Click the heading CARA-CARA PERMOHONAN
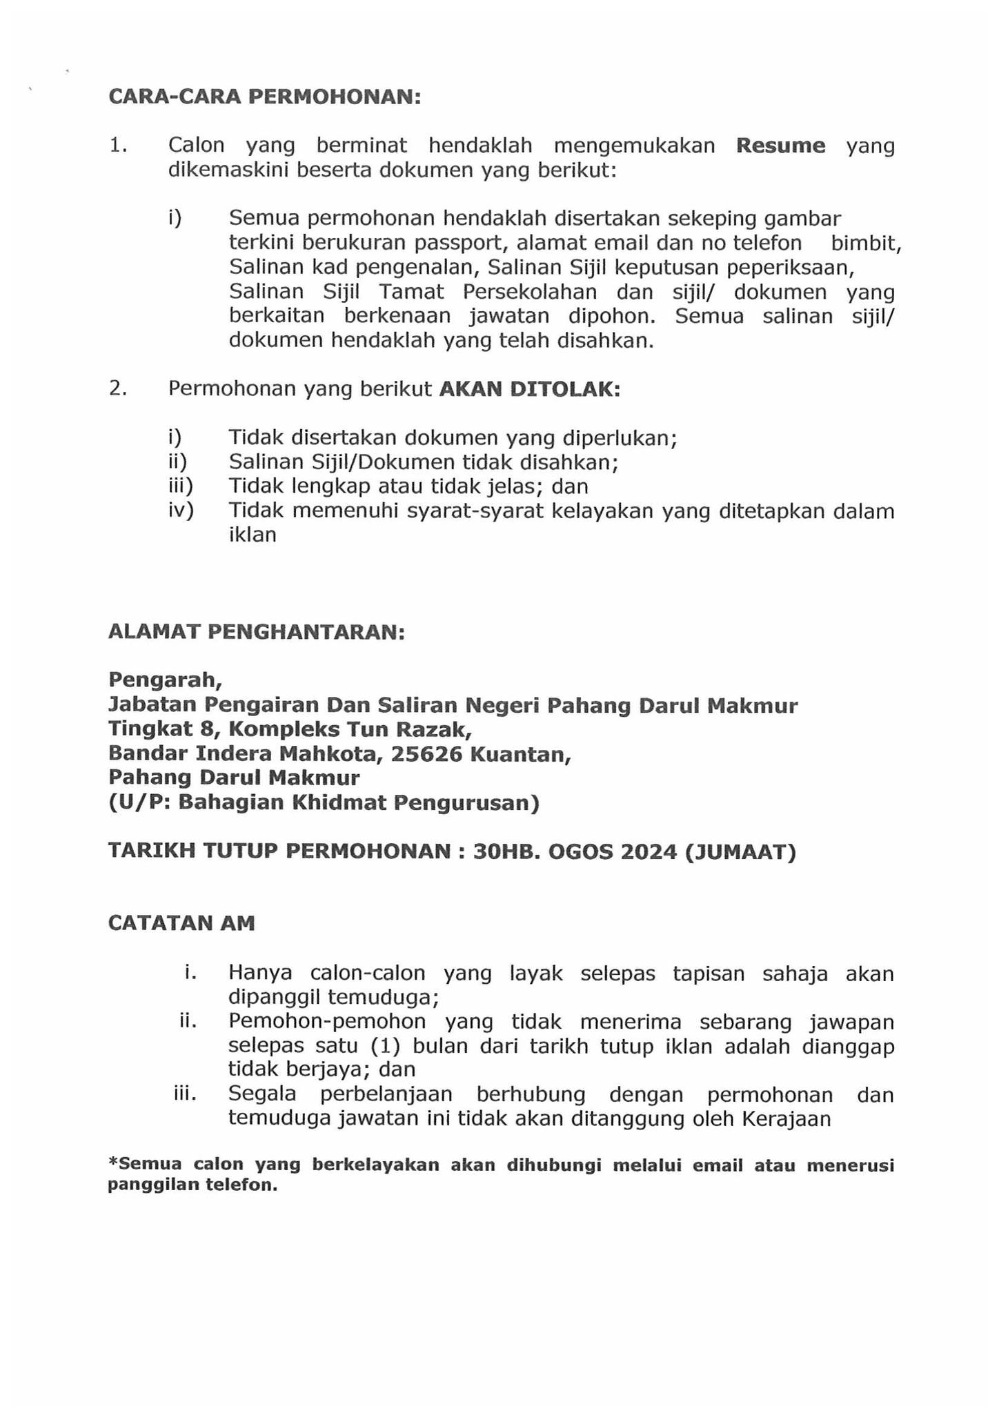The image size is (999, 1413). click(x=264, y=97)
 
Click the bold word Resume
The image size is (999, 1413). click(x=780, y=146)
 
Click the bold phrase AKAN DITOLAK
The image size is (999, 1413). click(x=529, y=390)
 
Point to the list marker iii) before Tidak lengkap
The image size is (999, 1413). click(x=181, y=486)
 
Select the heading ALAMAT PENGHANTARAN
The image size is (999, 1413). click(x=257, y=632)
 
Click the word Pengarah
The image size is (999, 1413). click(x=165, y=680)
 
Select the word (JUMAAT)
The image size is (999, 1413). click(x=740, y=853)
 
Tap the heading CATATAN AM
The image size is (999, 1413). click(x=181, y=923)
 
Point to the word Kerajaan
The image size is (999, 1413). click(x=786, y=1118)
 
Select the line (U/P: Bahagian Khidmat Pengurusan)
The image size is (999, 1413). click(x=324, y=803)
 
